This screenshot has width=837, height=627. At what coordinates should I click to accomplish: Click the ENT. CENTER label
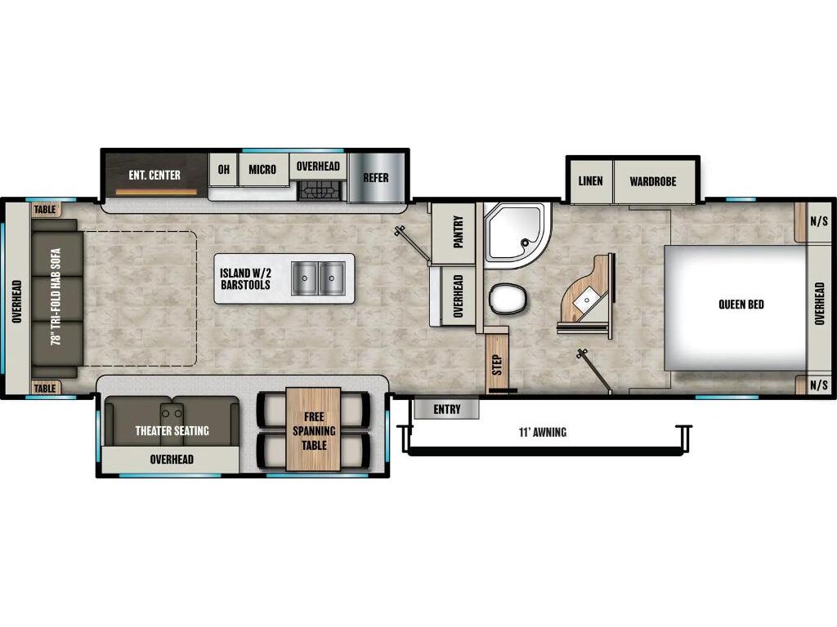pos(154,176)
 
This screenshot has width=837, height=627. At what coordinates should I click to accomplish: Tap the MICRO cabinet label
pos(262,170)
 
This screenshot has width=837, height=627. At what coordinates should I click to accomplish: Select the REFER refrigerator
pos(376,177)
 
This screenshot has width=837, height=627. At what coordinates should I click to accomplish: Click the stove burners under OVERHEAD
pos(318,191)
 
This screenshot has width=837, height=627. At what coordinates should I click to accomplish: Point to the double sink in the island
pos(320,278)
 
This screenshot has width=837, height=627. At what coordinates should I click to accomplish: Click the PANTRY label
pos(457,232)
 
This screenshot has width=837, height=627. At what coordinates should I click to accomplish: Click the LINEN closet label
pos(590,181)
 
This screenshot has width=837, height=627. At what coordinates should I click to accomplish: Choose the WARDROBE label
pos(652,181)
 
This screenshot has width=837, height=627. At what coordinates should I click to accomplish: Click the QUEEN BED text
pos(741,305)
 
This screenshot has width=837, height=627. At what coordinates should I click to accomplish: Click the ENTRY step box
pos(446,409)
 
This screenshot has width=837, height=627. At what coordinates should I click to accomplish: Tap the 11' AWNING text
pos(542,432)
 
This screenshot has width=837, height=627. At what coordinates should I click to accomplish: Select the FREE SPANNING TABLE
pos(314,430)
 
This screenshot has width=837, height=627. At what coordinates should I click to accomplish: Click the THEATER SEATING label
pos(172,430)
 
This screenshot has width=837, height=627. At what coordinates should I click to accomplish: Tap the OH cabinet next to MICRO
pos(223,170)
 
